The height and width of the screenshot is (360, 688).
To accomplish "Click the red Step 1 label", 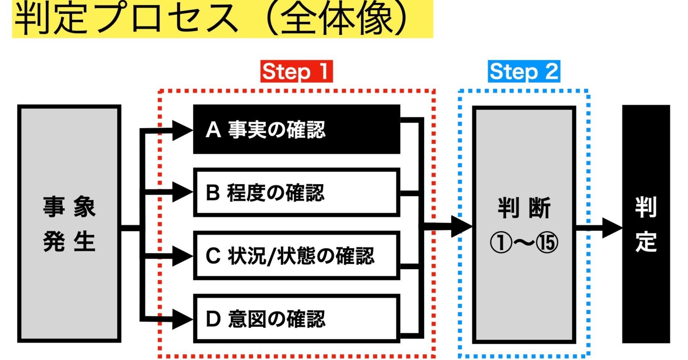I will pyautogui.click(x=296, y=71).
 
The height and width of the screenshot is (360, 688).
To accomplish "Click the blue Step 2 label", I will pyautogui.click(x=524, y=71).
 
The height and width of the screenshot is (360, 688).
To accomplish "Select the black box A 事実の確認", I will pyautogui.click(x=296, y=129).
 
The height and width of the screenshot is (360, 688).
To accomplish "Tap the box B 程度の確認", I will pyautogui.click(x=296, y=192).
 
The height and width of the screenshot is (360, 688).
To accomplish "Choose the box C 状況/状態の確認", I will pyautogui.click(x=296, y=256).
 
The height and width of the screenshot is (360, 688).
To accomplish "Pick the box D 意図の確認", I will pyautogui.click(x=296, y=319).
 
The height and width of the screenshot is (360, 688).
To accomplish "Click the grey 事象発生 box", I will pyautogui.click(x=69, y=224).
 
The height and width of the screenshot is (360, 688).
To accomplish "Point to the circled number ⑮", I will pyautogui.click(x=547, y=243).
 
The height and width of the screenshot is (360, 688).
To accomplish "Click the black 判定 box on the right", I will pyautogui.click(x=646, y=224).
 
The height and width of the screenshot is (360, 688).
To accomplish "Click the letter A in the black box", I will pyautogui.click(x=213, y=130).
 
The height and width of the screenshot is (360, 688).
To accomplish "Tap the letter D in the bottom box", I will pyautogui.click(x=213, y=319).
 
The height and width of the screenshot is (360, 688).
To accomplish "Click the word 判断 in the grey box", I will pyautogui.click(x=524, y=208).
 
